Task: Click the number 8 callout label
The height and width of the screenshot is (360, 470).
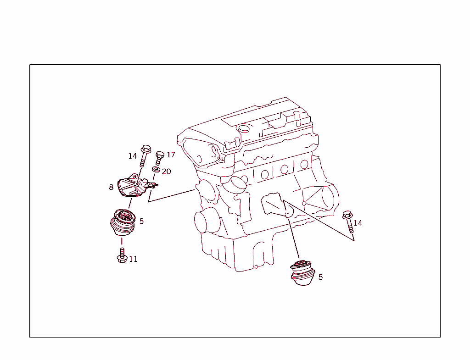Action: coord(111,187)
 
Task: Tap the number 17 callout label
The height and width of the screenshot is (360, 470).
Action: coord(171,155)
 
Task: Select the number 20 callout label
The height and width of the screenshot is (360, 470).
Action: coord(166,171)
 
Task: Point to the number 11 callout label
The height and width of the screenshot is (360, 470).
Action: coord(133,259)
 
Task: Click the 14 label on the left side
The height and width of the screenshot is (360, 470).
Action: coord(132,156)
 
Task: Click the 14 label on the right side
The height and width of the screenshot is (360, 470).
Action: coord(358,223)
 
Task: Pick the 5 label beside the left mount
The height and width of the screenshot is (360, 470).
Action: coord(141,221)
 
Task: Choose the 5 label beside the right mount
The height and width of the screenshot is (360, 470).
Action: coord(320,277)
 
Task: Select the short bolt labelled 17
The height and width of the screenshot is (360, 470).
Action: coord(160,158)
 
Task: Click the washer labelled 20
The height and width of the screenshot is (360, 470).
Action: coord(156,171)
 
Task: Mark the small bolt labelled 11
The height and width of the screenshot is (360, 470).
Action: coord(122,255)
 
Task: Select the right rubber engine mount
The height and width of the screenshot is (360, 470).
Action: coord(302,273)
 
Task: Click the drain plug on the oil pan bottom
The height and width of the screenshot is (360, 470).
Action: coord(256,266)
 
